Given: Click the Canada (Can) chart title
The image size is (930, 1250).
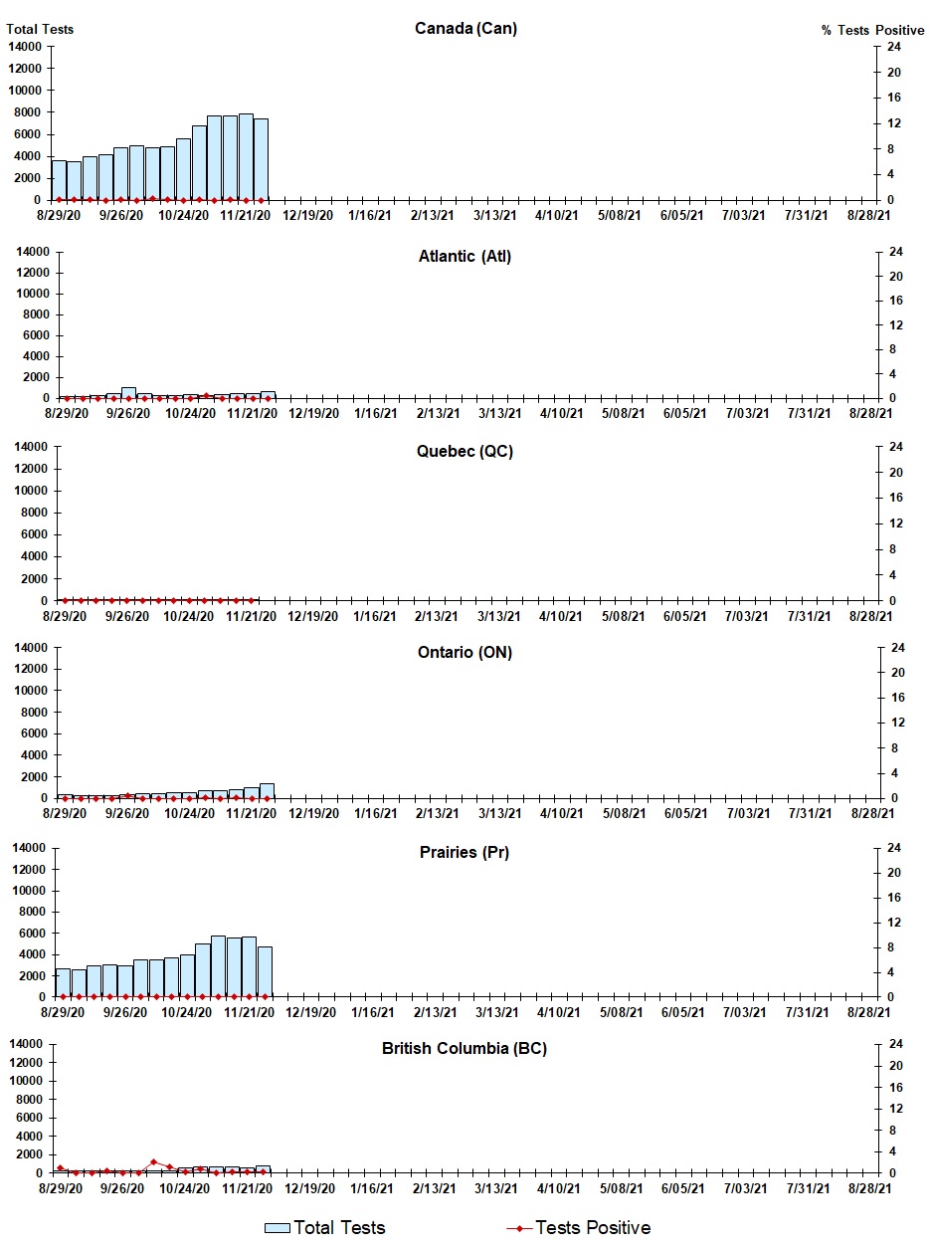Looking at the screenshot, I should coord(465,28).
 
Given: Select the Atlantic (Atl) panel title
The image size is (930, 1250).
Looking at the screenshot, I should coord(465,257).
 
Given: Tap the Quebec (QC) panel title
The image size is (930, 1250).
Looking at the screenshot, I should coord(465,452).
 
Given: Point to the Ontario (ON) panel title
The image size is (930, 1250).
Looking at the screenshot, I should coord(465,653).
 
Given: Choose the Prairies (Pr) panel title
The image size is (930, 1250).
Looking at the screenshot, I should coord(465,853).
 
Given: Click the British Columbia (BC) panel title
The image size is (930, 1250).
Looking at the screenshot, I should coord(465,1049).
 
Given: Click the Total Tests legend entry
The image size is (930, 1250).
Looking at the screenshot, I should coord(324,1228).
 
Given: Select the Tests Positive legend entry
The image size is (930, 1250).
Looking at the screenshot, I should coord(579,1228).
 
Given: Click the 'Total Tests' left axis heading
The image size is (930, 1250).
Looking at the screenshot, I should coord(40,29).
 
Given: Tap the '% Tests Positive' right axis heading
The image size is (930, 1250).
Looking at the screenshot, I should coord(872,30).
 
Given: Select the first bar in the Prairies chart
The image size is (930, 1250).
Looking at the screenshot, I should coord(63,982).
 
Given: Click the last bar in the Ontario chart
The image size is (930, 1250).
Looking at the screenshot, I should coord(267,790).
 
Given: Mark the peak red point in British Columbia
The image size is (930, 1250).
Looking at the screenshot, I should coord(153,1161).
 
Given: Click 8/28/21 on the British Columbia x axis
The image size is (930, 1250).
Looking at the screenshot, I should coord(868,1188).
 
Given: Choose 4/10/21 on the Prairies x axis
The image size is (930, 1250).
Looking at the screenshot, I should coord(557,1012).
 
